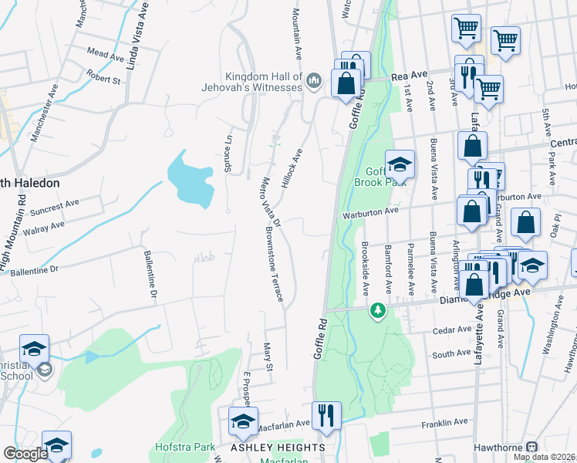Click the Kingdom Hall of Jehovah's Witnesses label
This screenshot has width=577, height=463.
tap(263, 82)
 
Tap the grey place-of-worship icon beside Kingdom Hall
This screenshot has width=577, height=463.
tap(313, 81)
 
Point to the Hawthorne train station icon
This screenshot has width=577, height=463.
tap(531, 447)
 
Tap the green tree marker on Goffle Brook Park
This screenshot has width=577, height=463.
tap(378, 310)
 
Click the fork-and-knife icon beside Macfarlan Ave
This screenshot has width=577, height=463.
tap(326, 415)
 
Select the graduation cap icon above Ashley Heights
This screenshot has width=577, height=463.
tap(243, 421)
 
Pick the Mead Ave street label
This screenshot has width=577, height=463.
tap(106, 55)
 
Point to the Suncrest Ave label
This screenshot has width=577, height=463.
tap(62, 205)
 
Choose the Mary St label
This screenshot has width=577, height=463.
tap(268, 357)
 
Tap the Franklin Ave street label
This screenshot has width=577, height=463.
tap(445, 423)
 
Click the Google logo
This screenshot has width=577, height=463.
tap(25, 454)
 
